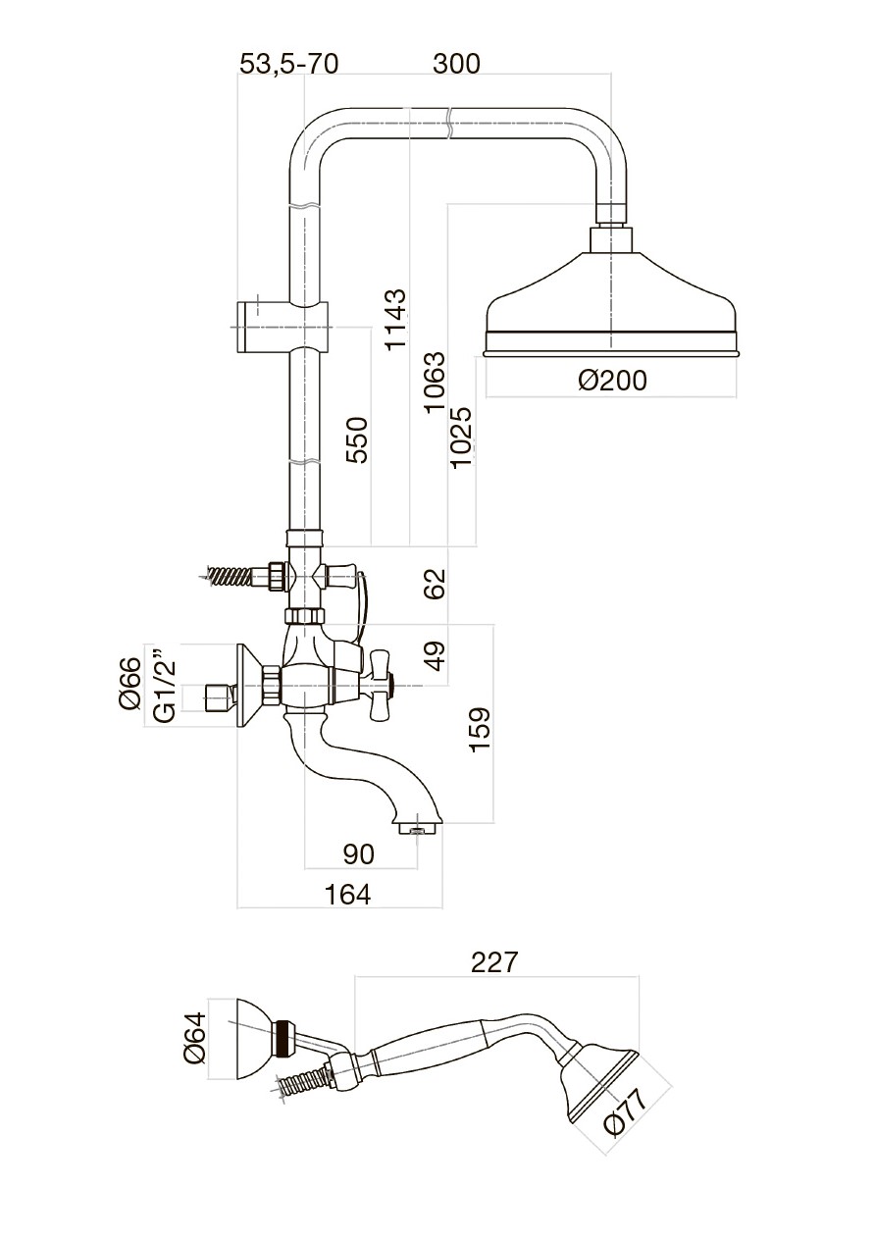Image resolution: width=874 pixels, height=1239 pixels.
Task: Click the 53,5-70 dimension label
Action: (x=289, y=64)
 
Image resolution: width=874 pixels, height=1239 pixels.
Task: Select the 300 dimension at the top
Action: (x=457, y=64)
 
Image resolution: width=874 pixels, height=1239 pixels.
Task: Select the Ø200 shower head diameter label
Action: (x=612, y=381)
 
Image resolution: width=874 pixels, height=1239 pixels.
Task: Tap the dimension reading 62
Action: (x=436, y=583)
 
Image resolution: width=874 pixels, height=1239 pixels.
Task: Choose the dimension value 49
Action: (x=436, y=653)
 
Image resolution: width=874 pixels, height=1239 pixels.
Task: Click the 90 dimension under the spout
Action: (x=360, y=854)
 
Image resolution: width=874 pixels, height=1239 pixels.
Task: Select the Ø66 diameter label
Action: (x=130, y=684)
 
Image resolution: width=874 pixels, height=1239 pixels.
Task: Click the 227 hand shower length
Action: (x=493, y=962)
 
